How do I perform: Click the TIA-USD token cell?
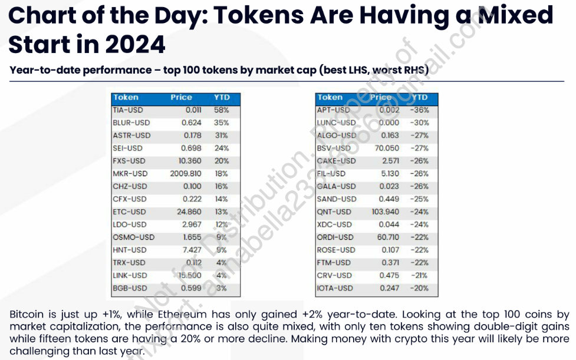click(127, 110)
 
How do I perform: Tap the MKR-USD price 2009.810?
click(186, 174)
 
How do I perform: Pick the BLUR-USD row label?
click(131, 123)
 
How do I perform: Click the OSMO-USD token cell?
click(133, 237)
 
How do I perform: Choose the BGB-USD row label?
click(130, 288)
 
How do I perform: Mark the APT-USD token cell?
click(333, 110)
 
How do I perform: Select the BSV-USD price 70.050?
click(387, 148)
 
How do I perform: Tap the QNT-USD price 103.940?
click(385, 212)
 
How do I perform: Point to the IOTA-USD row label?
click(335, 288)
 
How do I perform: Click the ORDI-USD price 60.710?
click(387, 237)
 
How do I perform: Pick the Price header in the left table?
click(182, 97)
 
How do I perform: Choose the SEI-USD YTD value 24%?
click(222, 148)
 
